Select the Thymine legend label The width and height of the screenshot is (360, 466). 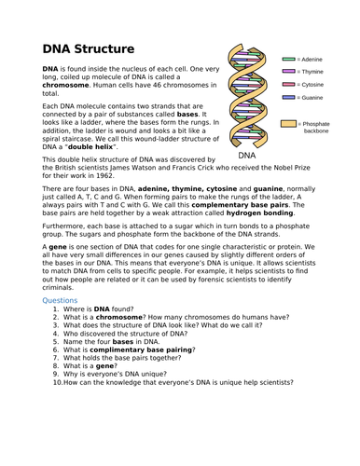(312, 72)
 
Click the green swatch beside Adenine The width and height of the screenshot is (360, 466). (289, 59)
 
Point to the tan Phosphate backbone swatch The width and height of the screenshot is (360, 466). (289, 123)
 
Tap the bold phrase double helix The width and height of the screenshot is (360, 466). (114, 146)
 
